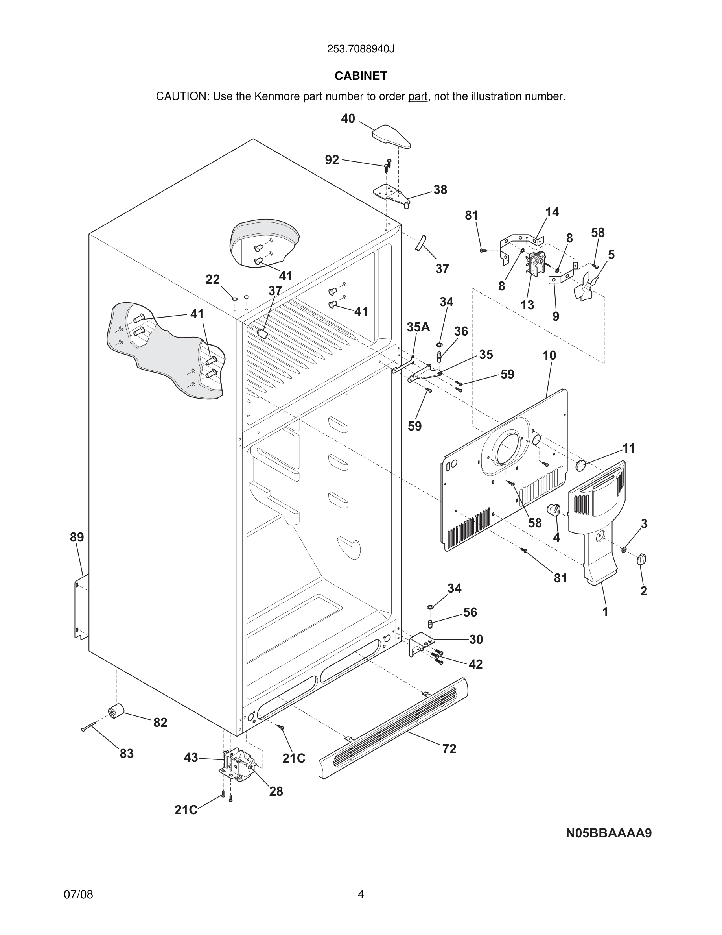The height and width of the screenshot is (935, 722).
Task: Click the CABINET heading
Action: [361, 76]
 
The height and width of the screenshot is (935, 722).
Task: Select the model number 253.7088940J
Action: [361, 49]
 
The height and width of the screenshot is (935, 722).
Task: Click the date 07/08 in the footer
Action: [78, 894]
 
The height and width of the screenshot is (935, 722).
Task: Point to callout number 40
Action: [348, 118]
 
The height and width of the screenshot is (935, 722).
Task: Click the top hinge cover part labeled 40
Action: [391, 136]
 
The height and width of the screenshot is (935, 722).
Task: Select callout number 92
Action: [332, 160]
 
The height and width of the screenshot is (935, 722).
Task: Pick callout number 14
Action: [552, 212]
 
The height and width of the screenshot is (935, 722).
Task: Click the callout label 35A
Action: [418, 327]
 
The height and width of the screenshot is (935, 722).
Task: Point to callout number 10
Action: [549, 355]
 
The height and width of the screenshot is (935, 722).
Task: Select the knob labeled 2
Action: [642, 559]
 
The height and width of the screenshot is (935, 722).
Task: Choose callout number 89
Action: [77, 537]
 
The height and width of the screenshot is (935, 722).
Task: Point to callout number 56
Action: [470, 612]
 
